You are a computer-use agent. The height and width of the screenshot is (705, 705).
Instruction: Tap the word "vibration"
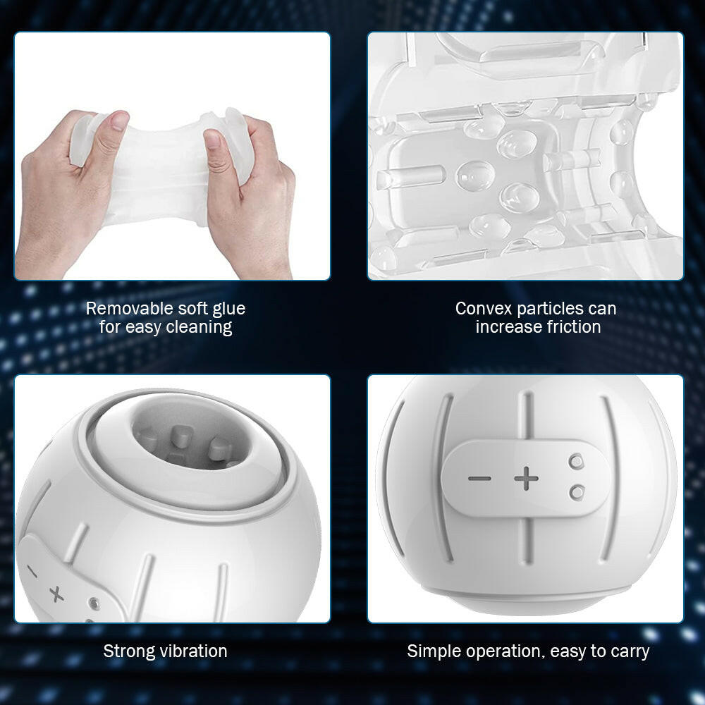coord(191,651)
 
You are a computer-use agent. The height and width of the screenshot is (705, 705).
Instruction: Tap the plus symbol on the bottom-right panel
coord(526,479)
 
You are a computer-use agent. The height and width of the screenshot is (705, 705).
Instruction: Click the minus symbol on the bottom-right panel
coord(479,479)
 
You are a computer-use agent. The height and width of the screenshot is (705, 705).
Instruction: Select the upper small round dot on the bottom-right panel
coord(577,461)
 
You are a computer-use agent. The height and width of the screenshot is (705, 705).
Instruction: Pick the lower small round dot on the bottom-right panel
coord(577,491)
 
